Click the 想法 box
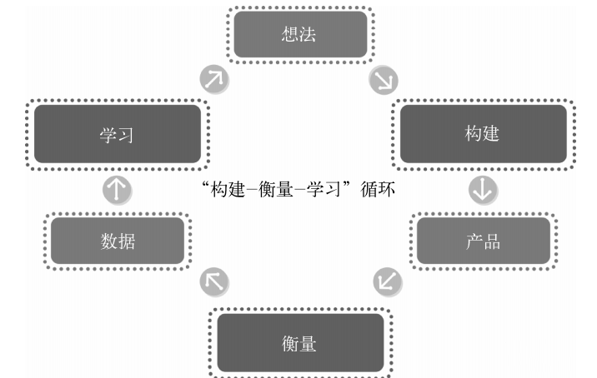[300, 35]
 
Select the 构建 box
[483, 134]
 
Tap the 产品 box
[484, 241]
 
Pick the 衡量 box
[300, 343]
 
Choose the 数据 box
[118, 241]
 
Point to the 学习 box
[118, 134]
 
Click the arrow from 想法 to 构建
[384, 80]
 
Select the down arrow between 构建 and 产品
[483, 190]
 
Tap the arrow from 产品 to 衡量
[388, 281]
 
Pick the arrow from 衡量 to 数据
[214, 281]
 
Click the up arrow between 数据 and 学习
[118, 190]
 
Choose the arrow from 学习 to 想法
[214, 79]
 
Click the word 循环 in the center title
[378, 189]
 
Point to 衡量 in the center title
[276, 189]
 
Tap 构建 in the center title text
[228, 189]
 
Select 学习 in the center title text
[324, 189]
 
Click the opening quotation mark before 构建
[206, 185]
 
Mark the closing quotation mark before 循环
[346, 185]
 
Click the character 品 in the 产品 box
[492, 241]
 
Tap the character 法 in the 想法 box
[308, 34]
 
